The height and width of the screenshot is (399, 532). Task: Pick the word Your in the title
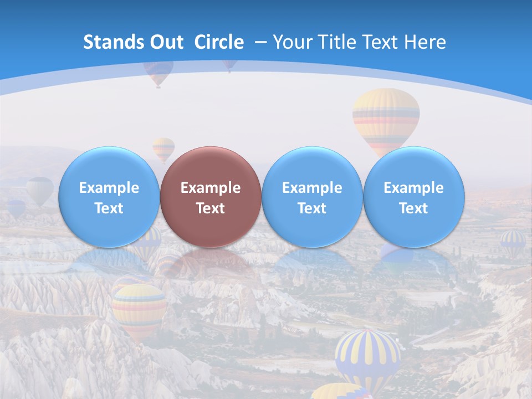coord(292,42)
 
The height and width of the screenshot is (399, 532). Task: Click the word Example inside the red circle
coord(211,188)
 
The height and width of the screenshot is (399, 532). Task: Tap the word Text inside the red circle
coord(211,208)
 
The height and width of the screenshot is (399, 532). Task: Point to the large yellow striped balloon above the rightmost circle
coord(386,119)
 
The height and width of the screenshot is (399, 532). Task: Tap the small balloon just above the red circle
coord(163,149)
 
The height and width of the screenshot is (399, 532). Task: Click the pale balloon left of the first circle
coord(40,190)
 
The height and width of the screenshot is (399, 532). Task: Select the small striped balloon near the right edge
coord(513,242)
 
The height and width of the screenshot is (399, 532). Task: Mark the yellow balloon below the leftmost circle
coord(139,308)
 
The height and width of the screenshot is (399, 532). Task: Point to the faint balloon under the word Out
coord(158,72)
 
